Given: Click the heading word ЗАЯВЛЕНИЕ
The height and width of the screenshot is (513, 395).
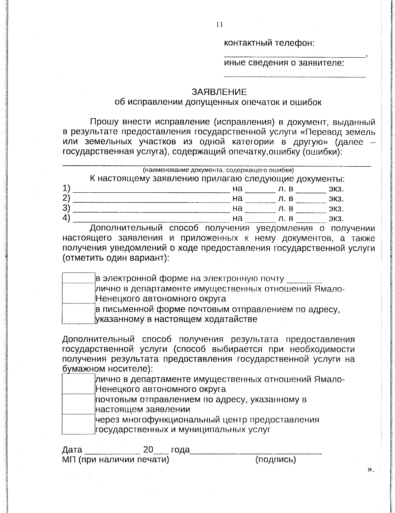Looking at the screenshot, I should point(219,92).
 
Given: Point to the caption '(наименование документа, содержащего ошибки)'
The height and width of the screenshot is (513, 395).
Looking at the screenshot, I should point(218,170).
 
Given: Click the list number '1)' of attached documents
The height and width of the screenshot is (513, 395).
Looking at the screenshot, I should point(66,188).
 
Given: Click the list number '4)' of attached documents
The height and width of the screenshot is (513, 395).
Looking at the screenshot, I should point(66,218).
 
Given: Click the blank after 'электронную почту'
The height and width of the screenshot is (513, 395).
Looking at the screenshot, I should point(304,281).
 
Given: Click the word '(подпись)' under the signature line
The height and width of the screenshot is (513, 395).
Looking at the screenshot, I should point(276,459).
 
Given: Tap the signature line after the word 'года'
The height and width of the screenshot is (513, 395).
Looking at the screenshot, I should point(256,452).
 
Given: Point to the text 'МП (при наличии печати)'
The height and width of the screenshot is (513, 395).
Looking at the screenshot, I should point(116,459).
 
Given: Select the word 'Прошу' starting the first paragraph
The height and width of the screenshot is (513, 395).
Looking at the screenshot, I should point(104,122).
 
